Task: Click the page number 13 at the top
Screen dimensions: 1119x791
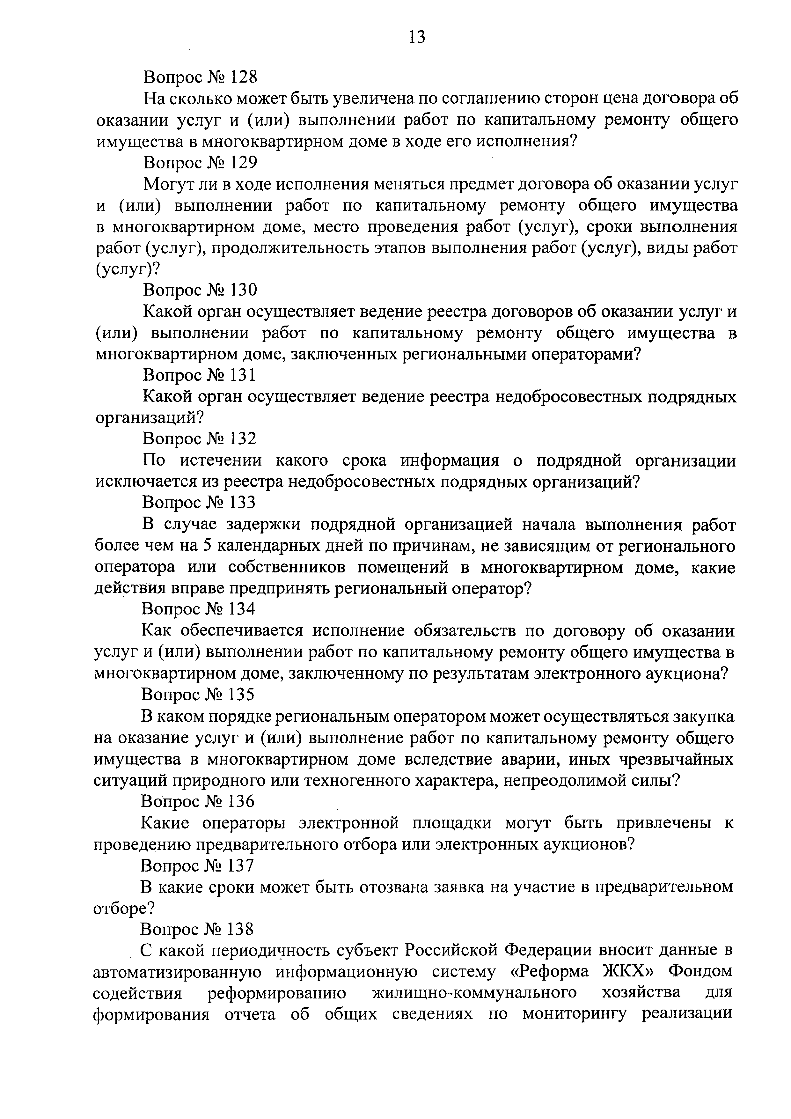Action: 417,37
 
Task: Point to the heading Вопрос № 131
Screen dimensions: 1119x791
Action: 200,375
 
